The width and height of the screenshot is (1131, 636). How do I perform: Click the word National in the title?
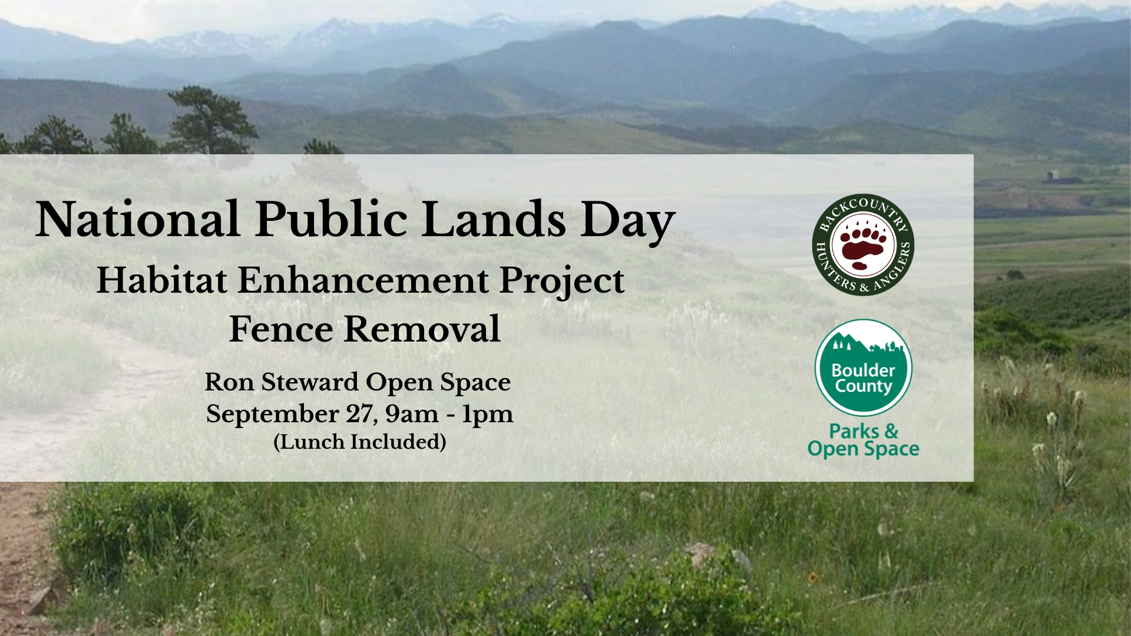point(137,219)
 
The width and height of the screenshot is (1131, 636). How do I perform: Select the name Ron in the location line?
point(230,382)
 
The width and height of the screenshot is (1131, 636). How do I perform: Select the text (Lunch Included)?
point(360,442)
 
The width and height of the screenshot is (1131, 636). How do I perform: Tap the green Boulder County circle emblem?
point(864,367)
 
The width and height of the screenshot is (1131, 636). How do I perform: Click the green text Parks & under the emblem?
point(864,431)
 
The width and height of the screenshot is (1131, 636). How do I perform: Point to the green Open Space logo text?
point(864,449)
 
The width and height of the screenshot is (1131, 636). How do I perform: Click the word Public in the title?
point(331,219)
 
